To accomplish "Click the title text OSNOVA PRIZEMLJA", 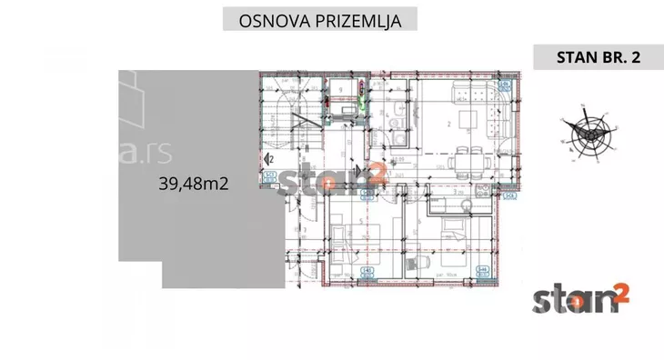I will tap(321, 18).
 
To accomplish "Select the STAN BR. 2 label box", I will tap(598, 57).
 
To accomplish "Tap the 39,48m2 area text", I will tap(192, 183).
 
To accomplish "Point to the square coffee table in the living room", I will tap(468, 119).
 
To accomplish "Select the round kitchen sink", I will tap(387, 125).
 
